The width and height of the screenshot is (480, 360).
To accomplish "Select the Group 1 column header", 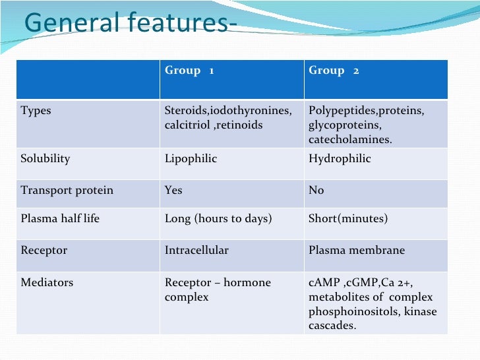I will [x=189, y=71].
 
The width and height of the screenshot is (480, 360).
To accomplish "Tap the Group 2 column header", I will [x=334, y=71].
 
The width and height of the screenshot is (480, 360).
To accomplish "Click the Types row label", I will [x=36, y=111].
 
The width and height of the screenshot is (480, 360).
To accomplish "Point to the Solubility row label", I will [x=45, y=159].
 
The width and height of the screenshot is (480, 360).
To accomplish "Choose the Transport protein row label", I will [x=67, y=191].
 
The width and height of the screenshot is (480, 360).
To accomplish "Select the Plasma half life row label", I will [x=60, y=218].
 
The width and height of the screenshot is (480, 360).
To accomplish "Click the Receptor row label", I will [x=44, y=251].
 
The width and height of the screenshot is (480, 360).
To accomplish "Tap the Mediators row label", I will [x=47, y=283].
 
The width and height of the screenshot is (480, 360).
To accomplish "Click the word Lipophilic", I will [x=191, y=159].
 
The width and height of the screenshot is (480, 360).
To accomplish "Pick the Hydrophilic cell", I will [x=340, y=159].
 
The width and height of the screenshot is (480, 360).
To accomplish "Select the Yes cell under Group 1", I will [x=173, y=191].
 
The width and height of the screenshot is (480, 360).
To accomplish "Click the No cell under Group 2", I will [x=316, y=191].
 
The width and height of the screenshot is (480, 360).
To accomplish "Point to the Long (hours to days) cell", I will [x=218, y=218].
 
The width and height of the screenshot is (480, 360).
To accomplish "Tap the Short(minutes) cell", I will [x=348, y=218].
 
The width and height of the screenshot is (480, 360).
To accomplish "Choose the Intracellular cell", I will [x=196, y=251].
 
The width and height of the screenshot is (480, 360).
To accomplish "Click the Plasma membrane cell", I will [x=357, y=251].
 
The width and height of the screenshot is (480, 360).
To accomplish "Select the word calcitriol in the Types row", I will [x=187, y=125].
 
